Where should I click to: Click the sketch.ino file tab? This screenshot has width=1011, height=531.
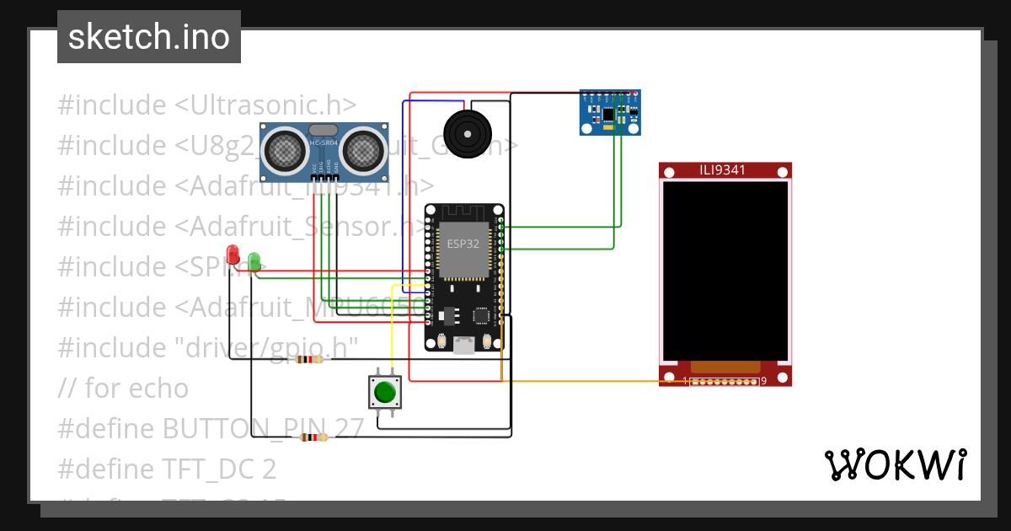click(x=148, y=37)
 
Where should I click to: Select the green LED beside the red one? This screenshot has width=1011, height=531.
click(x=254, y=260)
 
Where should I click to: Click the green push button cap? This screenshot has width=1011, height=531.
click(x=385, y=392)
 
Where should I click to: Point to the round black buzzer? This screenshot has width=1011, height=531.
click(x=465, y=132)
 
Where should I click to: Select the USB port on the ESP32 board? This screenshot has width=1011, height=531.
click(x=463, y=345)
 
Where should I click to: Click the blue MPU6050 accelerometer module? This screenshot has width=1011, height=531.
click(x=610, y=112)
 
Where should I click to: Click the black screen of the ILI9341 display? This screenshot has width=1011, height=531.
click(x=725, y=270)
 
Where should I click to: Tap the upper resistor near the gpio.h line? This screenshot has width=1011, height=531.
click(x=308, y=360)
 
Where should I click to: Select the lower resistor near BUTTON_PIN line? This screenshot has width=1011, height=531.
click(x=313, y=437)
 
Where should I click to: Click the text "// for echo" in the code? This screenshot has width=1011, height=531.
click(x=123, y=388)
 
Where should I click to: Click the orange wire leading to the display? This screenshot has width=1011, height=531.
click(x=590, y=381)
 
